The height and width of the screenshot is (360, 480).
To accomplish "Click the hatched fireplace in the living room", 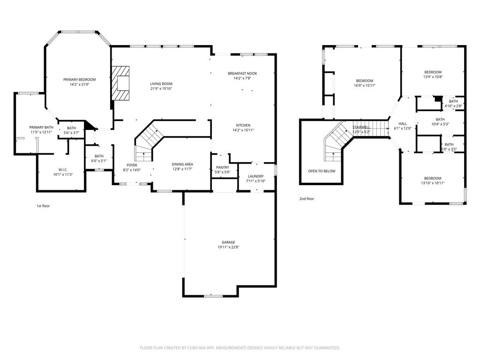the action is pyautogui.click(x=120, y=83).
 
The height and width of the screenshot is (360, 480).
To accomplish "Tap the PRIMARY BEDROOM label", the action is pyautogui.click(x=80, y=80).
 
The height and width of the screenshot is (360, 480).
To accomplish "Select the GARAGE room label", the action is pyautogui.click(x=228, y=242).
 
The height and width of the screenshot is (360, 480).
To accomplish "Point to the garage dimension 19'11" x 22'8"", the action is pyautogui.click(x=228, y=247).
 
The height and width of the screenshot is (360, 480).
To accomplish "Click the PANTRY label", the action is pyautogui.click(x=223, y=167).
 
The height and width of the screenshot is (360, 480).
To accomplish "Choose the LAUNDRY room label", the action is pyautogui.click(x=256, y=176).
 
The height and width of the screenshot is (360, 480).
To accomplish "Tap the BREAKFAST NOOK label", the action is pyautogui.click(x=242, y=74).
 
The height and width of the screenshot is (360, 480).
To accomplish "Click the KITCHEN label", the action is pyautogui.click(x=243, y=125).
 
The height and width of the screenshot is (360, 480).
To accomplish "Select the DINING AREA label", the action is pyautogui.click(x=182, y=165).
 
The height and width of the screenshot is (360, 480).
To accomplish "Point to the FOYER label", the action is pyautogui.click(x=132, y=165).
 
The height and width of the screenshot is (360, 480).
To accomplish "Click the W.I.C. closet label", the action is pyautogui.click(x=63, y=170).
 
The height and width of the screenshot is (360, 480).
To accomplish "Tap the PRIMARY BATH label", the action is pyautogui.click(x=41, y=127).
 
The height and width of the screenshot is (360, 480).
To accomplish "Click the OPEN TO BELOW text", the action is pyautogui.click(x=322, y=171).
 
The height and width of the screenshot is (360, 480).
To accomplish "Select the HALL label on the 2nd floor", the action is pyautogui.click(x=403, y=124).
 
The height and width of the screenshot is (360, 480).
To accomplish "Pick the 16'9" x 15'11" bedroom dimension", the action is pyautogui.click(x=365, y=86).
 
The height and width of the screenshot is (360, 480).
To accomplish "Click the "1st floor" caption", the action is pyautogui.click(x=43, y=206).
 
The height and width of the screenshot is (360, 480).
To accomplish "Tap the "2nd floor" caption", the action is pyautogui.click(x=307, y=199).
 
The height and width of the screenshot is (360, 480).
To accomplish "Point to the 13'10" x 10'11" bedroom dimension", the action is pyautogui.click(x=433, y=183).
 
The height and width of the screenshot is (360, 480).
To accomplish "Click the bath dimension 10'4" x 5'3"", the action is pyautogui.click(x=440, y=124).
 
